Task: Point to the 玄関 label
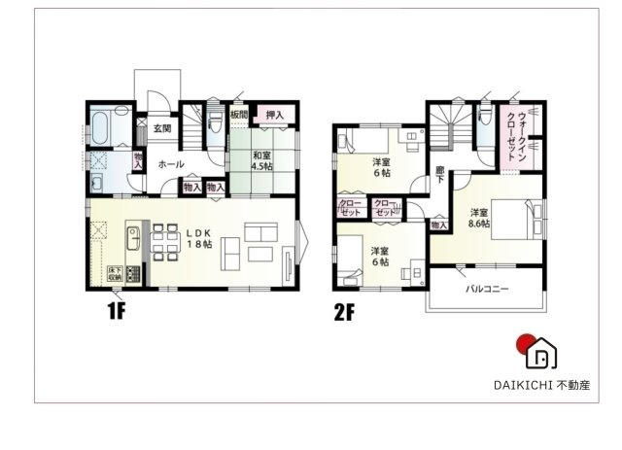click(x=161, y=129)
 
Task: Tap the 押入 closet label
click(x=275, y=115)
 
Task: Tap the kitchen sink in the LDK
click(x=133, y=236)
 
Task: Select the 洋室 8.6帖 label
click(x=480, y=218)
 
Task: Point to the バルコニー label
click(x=486, y=289)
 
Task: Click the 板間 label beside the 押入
click(x=239, y=115)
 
